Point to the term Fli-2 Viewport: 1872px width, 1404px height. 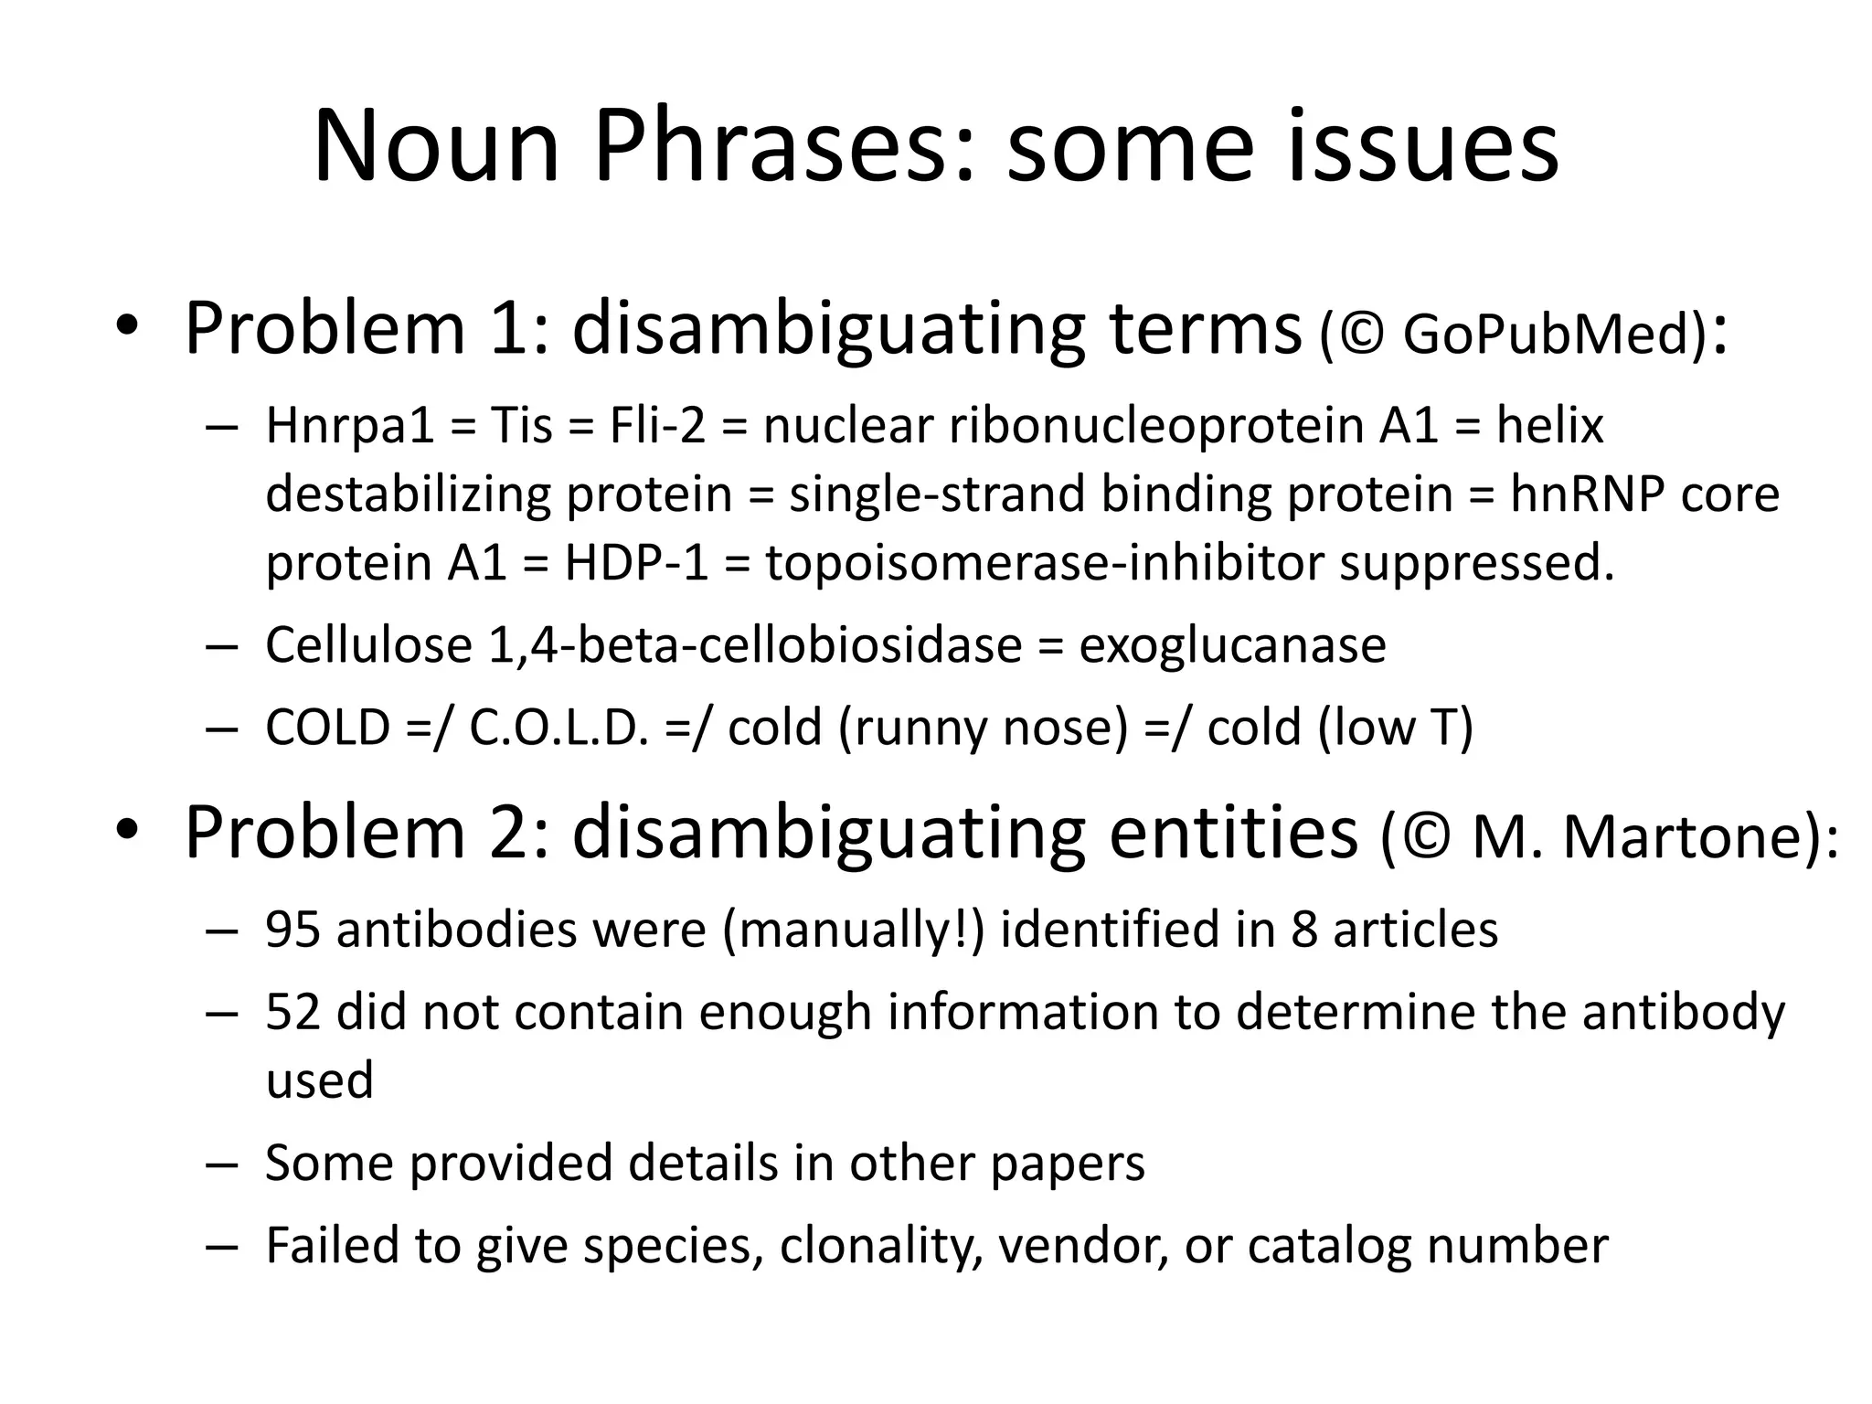pyautogui.click(x=657, y=426)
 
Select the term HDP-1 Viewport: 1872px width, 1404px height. pyautogui.click(x=636, y=563)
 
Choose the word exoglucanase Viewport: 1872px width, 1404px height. pyautogui.click(x=1232, y=645)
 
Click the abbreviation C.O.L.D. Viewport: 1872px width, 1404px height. pyautogui.click(x=558, y=729)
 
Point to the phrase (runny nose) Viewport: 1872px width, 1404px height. pyautogui.click(x=978, y=729)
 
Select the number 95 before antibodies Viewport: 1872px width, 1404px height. pyautogui.click(x=292, y=930)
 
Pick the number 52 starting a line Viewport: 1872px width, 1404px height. pyautogui.click(x=292, y=1013)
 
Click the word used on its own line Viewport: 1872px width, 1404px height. pyautogui.click(x=319, y=1080)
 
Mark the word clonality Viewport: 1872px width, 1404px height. pyautogui.click(x=881, y=1246)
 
